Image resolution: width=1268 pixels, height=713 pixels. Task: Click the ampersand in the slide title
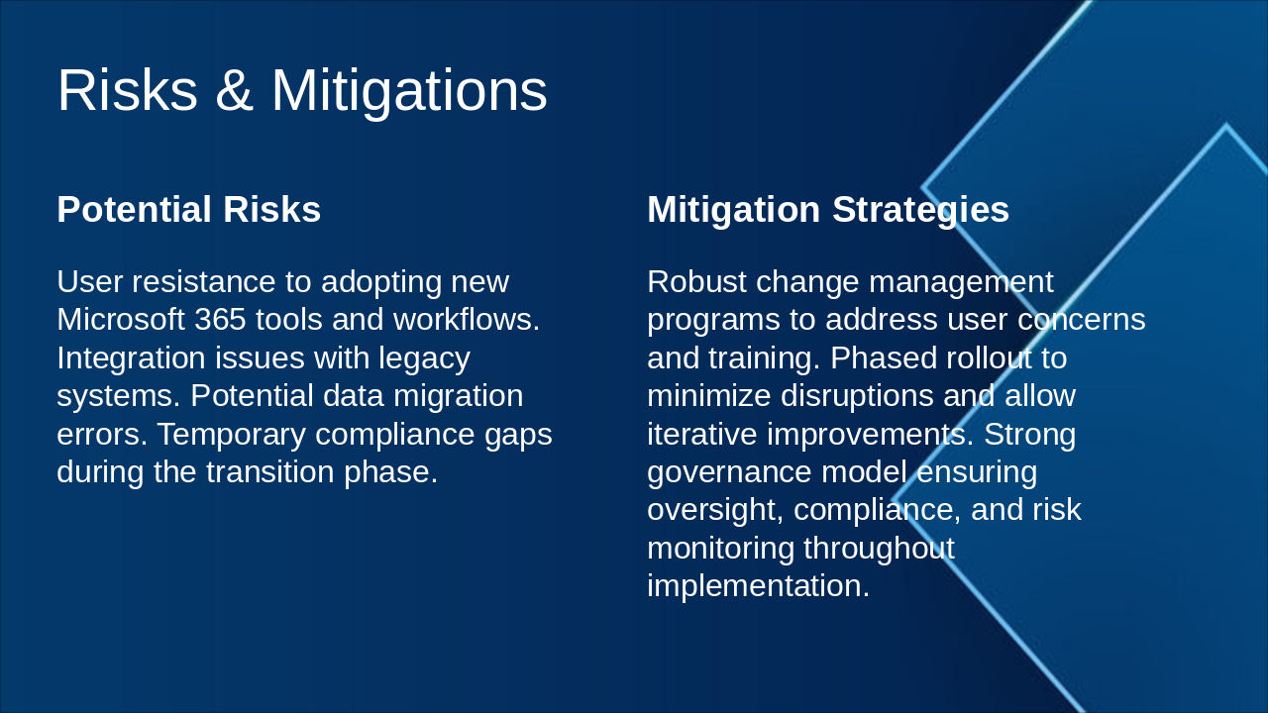(234, 90)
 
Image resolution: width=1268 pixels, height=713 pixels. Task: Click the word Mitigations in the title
(408, 90)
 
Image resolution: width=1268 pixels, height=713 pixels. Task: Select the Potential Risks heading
(188, 210)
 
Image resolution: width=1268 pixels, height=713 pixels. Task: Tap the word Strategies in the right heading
(920, 210)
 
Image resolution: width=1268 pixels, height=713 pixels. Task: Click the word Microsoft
(121, 320)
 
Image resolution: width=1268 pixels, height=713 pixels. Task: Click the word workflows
(467, 320)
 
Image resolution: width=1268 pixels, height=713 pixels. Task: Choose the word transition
(270, 471)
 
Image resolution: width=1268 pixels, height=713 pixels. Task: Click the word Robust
(696, 282)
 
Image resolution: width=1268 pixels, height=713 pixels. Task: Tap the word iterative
(702, 434)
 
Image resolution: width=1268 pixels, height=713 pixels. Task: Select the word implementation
(757, 585)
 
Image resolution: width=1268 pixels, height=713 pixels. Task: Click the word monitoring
(721, 548)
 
